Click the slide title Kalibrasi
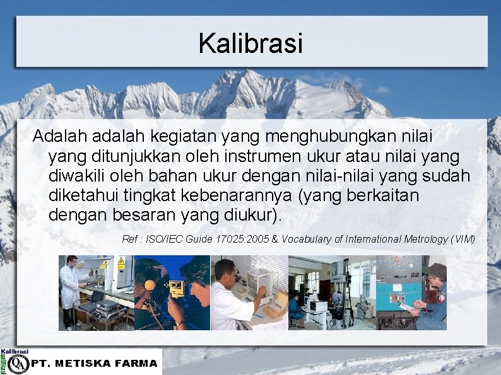click(250, 44)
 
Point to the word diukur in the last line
click(247, 216)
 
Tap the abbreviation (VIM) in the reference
click(463, 239)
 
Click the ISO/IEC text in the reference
click(164, 239)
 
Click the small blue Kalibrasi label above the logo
click(15, 352)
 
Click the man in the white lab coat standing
click(69, 290)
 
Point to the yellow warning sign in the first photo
click(121, 264)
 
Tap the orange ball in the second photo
click(150, 285)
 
